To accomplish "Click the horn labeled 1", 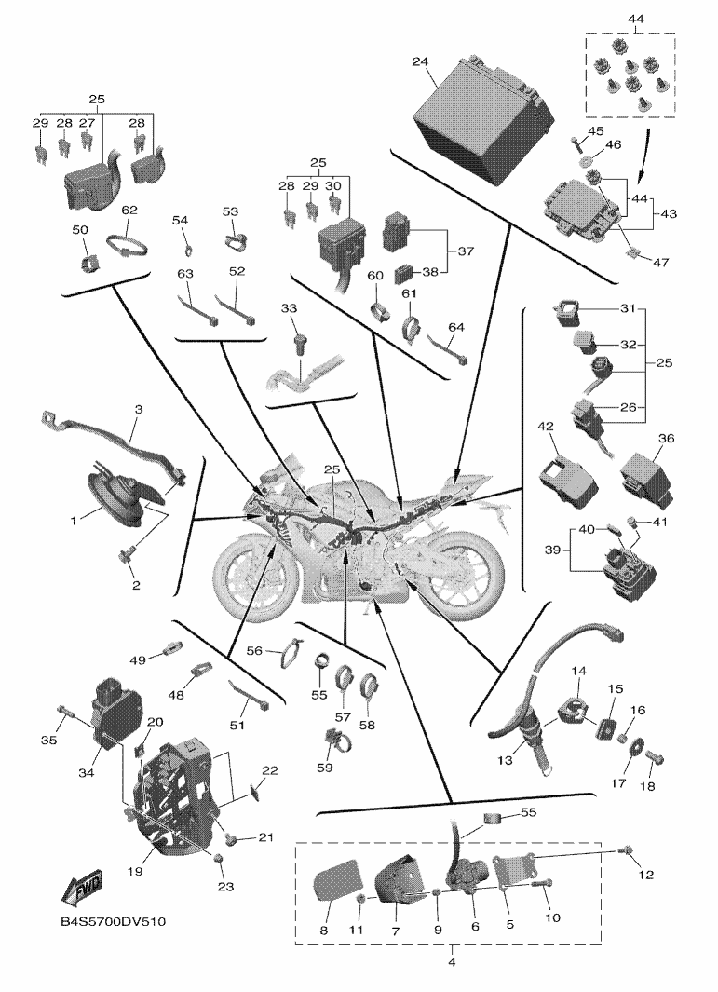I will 110,493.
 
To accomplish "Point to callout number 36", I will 666,439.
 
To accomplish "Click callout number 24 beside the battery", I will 420,62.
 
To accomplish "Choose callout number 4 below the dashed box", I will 453,961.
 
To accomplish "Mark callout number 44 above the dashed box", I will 636,20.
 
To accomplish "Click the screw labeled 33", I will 301,344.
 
